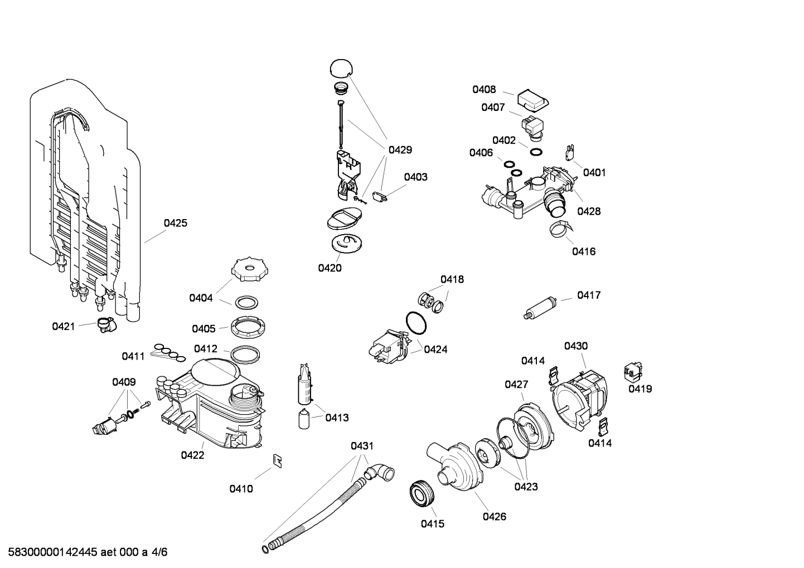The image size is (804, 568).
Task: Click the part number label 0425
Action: tap(175, 223)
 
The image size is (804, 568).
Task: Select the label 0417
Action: tap(589, 295)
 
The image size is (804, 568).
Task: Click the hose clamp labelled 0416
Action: tap(561, 229)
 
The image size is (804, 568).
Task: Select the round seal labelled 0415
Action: tap(422, 494)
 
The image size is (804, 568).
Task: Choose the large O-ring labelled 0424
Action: tap(415, 322)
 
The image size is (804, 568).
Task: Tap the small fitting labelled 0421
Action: tap(104, 324)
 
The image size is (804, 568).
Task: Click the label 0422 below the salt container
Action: tap(192, 455)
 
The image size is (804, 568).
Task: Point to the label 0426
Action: tap(494, 516)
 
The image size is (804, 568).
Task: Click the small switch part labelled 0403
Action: tap(381, 197)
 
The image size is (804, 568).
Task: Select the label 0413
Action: tap(337, 417)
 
